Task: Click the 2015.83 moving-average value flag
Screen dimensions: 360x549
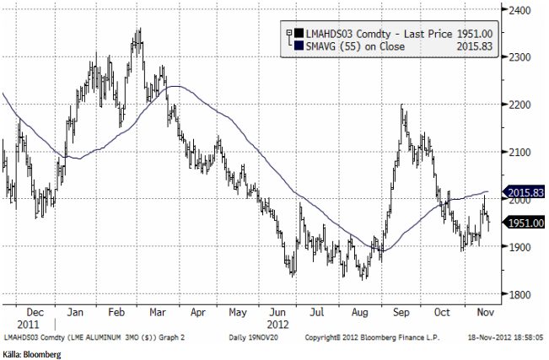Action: (x=525, y=192)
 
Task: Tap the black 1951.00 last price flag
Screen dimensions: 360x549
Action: (x=525, y=223)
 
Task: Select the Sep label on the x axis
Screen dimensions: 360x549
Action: (x=402, y=310)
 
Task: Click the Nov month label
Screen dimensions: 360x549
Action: (x=485, y=310)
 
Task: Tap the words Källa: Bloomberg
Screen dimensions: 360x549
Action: (x=31, y=355)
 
